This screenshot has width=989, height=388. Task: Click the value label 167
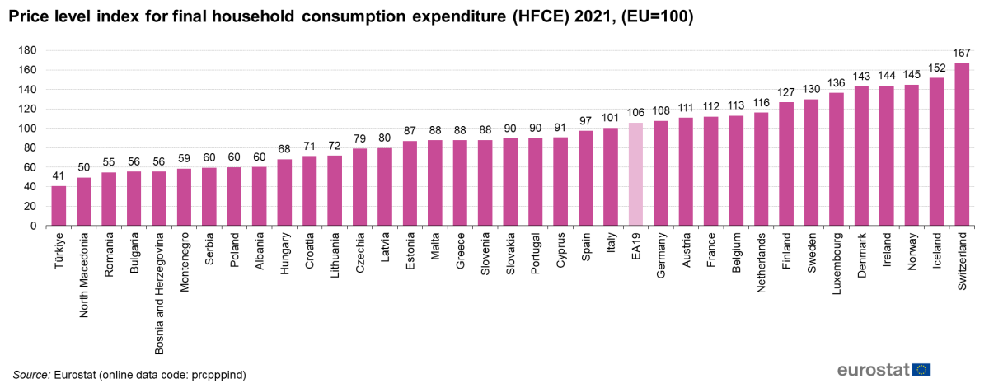click(x=961, y=53)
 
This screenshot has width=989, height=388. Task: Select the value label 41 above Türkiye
click(x=59, y=176)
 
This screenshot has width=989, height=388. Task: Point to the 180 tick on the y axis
click(x=28, y=50)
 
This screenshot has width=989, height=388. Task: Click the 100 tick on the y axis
click(x=28, y=129)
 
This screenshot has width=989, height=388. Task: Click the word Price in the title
click(x=30, y=16)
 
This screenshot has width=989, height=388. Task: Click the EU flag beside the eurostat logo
click(x=921, y=369)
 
